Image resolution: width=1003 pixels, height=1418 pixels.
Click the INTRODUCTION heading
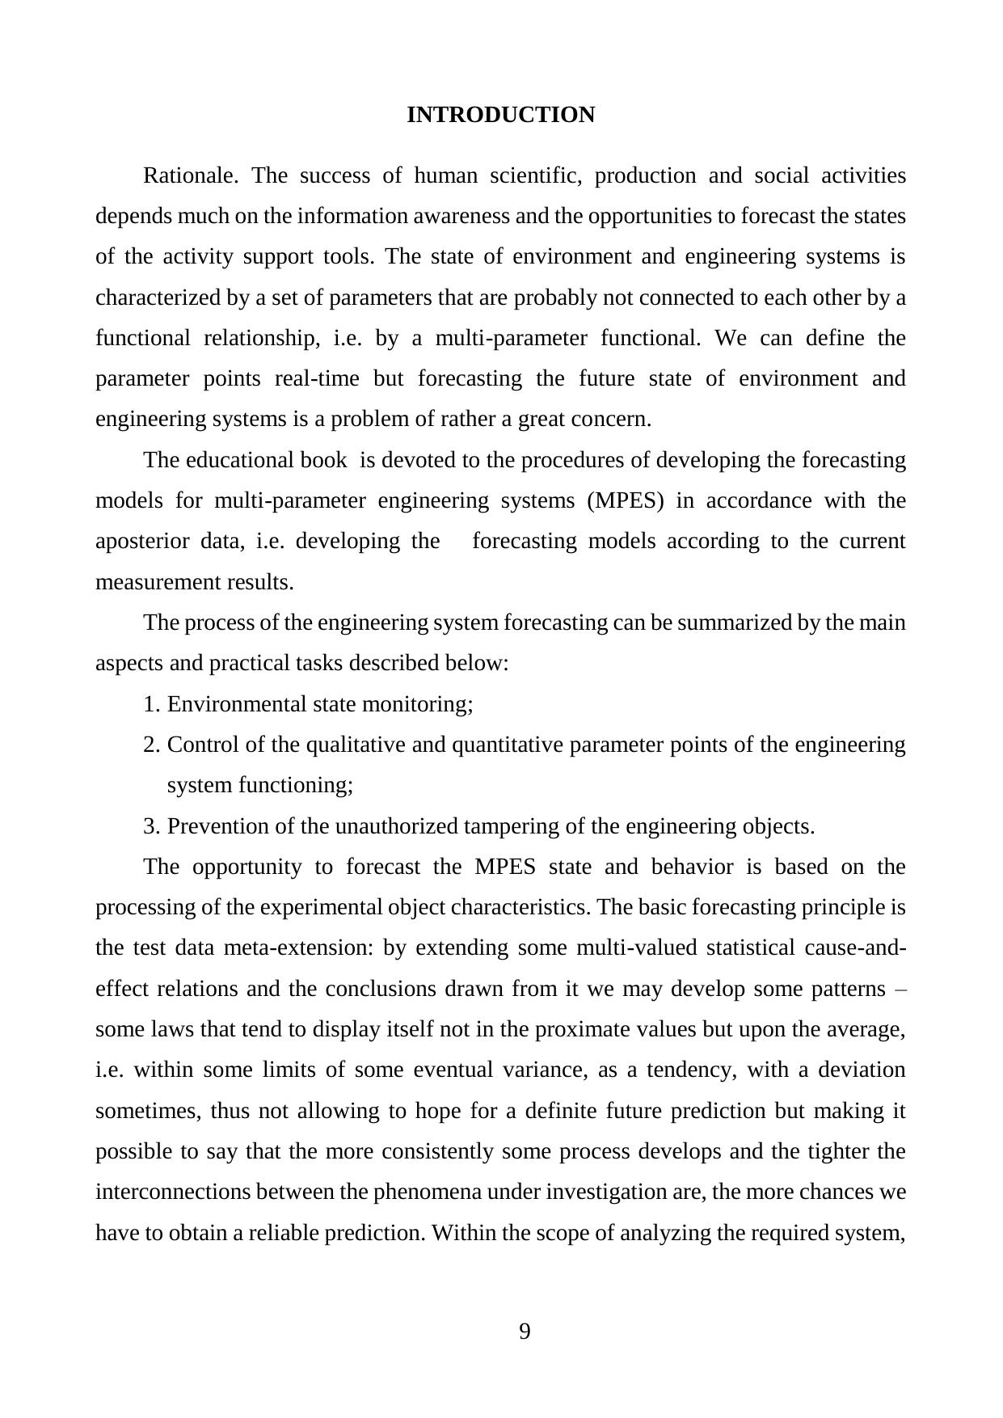[x=500, y=115]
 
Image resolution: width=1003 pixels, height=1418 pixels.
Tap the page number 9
[x=525, y=1331]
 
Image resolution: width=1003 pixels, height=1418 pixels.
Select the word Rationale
[x=190, y=175]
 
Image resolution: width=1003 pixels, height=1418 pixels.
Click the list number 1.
[x=150, y=704]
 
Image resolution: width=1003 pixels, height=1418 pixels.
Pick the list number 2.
[x=150, y=745]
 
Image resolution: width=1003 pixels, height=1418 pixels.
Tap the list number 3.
[x=150, y=826]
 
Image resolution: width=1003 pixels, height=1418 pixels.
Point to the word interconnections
[x=166, y=1192]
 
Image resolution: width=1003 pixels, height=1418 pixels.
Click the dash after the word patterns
[x=901, y=989]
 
